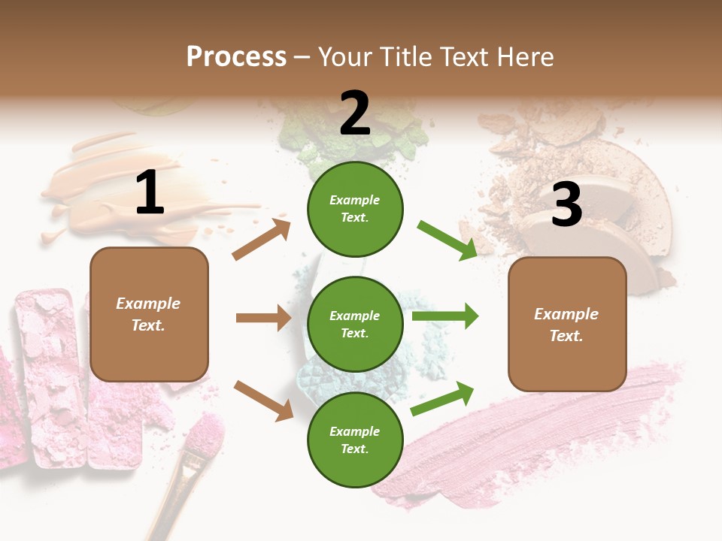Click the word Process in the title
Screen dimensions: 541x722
coord(236,56)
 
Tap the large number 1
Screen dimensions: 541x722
coord(150,193)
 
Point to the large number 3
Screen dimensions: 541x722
coord(566,204)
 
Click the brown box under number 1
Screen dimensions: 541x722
coord(149,314)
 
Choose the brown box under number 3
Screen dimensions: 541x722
coord(567,324)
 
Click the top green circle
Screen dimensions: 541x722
coord(355,209)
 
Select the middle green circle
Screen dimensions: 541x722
coord(355,324)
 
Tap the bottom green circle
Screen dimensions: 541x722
coord(355,440)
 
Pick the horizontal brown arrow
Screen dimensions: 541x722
coord(263,318)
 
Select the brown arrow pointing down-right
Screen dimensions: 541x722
coord(263,400)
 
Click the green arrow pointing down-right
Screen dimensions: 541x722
coord(447,240)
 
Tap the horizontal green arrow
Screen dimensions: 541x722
coord(445,316)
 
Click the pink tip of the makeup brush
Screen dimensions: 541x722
coord(205,436)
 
